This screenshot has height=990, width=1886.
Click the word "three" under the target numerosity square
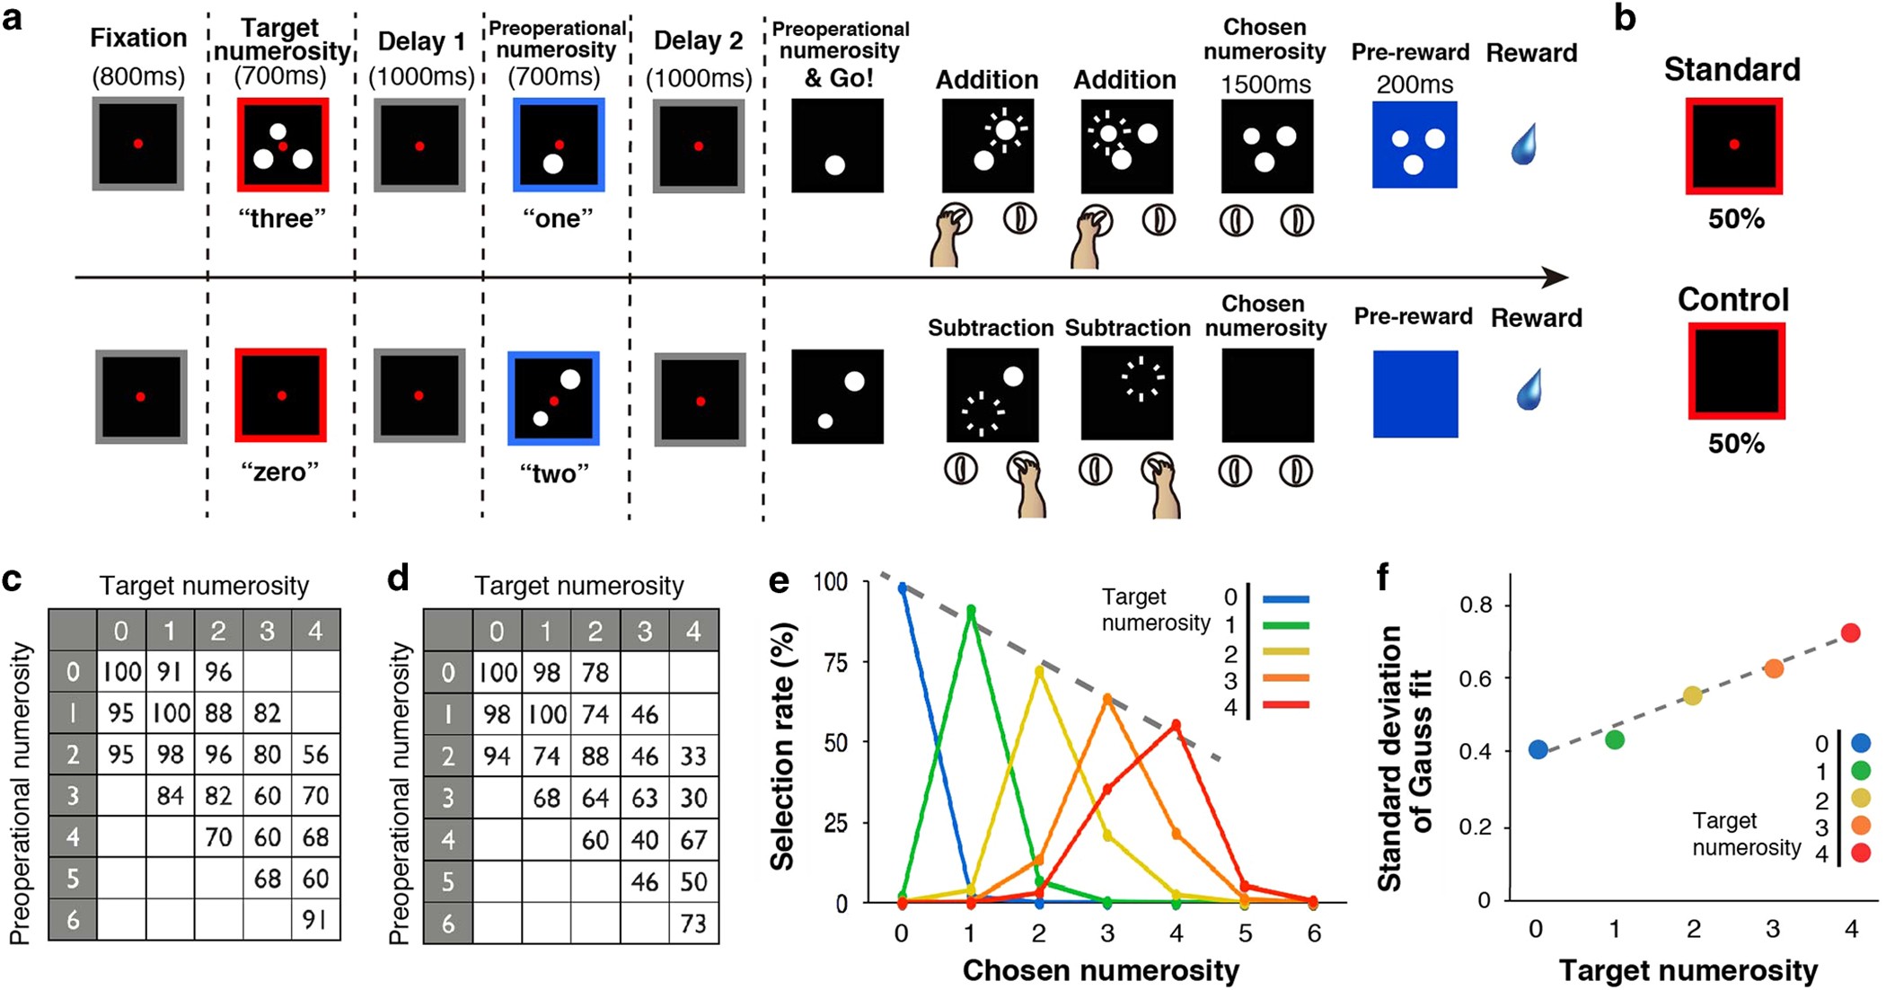click(x=282, y=218)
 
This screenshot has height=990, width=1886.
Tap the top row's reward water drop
click(x=1524, y=145)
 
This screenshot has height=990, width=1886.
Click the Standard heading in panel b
click(x=1732, y=69)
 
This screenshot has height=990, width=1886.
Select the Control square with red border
click(x=1736, y=371)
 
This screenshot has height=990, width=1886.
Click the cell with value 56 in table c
click(x=315, y=755)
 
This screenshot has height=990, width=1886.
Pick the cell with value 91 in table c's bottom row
click(x=315, y=920)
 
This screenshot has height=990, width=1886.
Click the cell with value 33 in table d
click(x=692, y=756)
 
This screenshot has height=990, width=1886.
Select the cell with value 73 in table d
click(x=692, y=923)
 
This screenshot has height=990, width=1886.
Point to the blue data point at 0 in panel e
click(x=903, y=588)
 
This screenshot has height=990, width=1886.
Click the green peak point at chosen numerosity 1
click(x=971, y=611)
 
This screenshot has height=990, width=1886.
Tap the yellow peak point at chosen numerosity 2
click(x=1039, y=670)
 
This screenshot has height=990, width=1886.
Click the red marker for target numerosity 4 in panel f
click(x=1850, y=632)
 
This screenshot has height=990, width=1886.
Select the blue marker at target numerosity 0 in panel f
click(x=1538, y=749)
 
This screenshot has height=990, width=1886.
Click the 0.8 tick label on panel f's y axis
click(x=1476, y=605)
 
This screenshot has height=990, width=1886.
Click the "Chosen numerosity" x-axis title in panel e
click(x=1101, y=970)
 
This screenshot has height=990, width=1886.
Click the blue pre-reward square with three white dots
click(x=1414, y=145)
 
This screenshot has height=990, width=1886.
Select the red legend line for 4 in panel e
click(x=1286, y=705)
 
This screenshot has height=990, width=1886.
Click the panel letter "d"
click(x=398, y=579)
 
